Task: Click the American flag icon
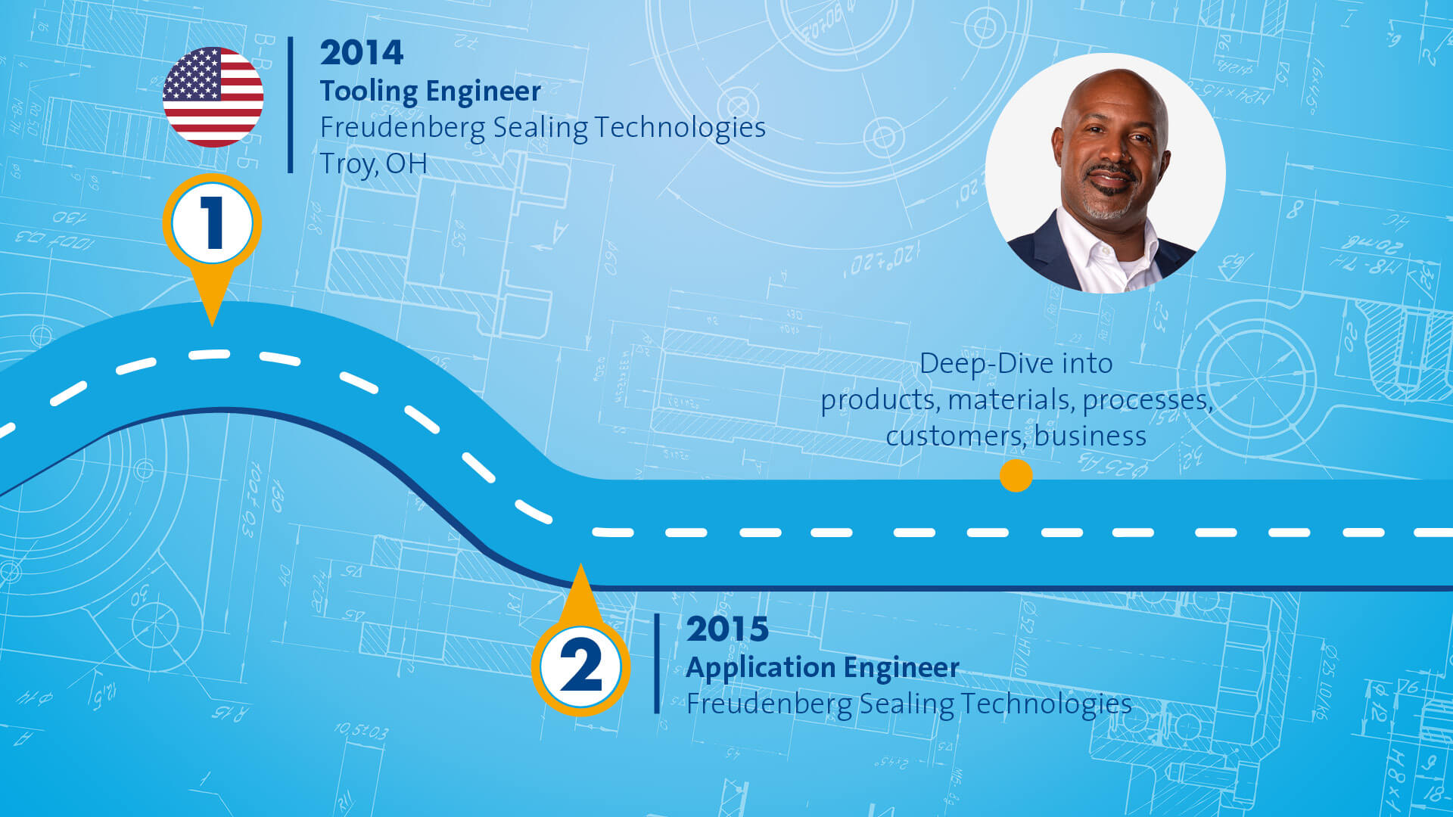213,97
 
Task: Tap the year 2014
362,53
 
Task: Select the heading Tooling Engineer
430,92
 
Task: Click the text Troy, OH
373,164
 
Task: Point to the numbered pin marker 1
212,227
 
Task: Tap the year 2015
727,629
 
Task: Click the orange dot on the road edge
1016,476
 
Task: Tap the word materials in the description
1011,401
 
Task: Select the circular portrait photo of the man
1105,173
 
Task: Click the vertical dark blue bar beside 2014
291,105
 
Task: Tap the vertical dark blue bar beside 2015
657,663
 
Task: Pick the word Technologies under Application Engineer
1047,705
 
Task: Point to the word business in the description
1091,436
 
